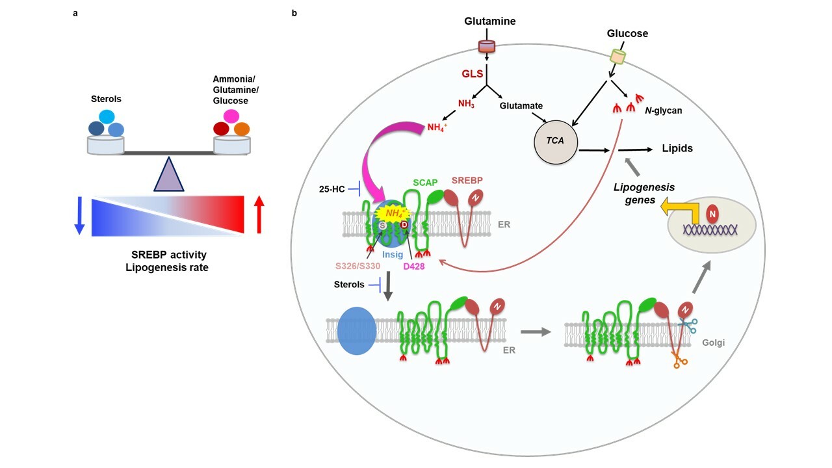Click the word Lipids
click(677, 148)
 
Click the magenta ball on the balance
click(231, 116)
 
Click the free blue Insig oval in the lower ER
click(356, 331)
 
